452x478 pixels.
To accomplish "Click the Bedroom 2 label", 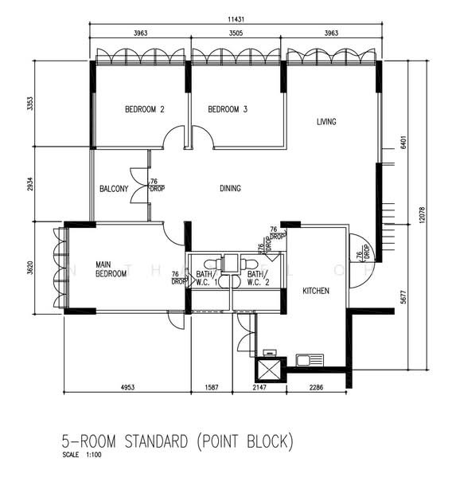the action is (145, 109).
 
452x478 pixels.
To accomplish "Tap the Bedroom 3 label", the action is (228, 109).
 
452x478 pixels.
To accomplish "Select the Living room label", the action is (326, 122).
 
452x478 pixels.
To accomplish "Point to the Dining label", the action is (230, 188).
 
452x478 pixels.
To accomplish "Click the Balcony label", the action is (114, 189).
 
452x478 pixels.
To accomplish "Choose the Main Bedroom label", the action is (111, 269).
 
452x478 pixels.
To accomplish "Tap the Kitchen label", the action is (316, 291).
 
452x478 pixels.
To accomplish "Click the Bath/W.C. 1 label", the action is (207, 278).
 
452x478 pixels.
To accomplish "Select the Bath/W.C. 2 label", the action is (259, 278).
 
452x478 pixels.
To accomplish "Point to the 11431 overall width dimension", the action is (236, 19).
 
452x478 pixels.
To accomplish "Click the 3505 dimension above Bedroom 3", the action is (236, 33).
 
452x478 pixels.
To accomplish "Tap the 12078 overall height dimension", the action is (422, 215).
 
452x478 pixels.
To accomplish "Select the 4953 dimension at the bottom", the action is (127, 387).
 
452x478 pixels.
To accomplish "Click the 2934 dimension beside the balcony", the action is (30, 184).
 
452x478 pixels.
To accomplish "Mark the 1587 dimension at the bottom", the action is (212, 387).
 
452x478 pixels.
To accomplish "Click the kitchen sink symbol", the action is (310, 360).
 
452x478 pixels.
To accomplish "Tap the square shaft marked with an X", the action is (269, 370).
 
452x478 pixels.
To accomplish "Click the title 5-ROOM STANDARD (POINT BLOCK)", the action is (177, 441).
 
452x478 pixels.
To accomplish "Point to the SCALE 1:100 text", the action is (82, 455).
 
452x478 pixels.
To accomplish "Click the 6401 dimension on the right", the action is (403, 142).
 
